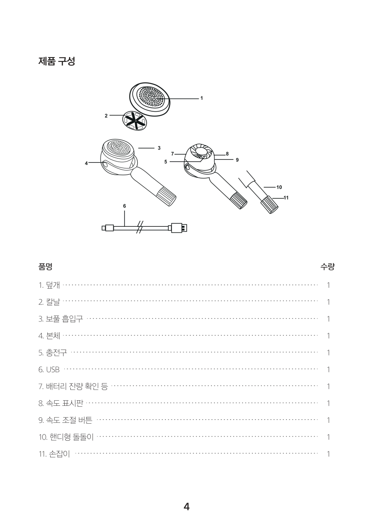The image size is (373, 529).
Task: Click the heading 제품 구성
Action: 57,61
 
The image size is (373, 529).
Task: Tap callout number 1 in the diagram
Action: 202,98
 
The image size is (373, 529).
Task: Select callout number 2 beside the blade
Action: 106,116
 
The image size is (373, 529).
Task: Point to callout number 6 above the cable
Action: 124,206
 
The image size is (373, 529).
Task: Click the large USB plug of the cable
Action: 179,228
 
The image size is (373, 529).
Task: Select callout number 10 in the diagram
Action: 279,187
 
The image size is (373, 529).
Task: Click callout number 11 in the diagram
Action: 286,198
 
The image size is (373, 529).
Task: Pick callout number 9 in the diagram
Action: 237,160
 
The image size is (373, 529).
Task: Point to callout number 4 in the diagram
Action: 87,163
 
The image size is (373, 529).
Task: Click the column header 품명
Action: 45,266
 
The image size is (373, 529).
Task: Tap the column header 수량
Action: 327,266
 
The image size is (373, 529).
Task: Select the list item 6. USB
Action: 49,370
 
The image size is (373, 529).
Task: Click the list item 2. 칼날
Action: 49,302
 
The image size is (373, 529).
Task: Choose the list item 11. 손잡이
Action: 54,454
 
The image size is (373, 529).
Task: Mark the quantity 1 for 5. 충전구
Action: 328,353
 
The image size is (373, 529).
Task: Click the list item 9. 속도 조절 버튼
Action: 65,420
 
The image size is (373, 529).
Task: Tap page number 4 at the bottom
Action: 187,506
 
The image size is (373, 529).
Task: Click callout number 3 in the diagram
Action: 159,148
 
